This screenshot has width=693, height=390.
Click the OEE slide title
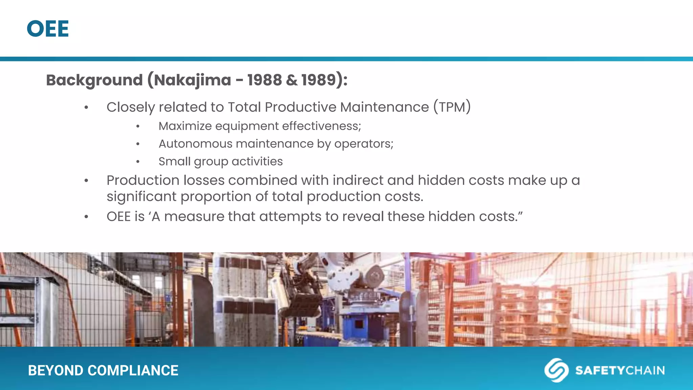48,29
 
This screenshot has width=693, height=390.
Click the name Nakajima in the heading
193,80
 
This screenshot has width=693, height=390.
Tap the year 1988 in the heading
264,80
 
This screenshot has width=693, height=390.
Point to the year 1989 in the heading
318,80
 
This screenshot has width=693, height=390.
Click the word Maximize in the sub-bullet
185,126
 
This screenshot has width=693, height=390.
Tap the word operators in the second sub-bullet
363,144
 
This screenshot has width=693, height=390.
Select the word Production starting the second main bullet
143,180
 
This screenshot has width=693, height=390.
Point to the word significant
141,197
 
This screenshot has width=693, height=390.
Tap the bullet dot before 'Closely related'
86,108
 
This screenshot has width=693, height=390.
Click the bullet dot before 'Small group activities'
138,162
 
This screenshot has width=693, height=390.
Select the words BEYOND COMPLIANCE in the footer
103,371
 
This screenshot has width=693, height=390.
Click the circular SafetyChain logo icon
556,370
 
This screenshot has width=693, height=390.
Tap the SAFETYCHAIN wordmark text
620,370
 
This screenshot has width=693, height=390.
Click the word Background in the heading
94,80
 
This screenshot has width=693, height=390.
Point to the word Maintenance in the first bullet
384,107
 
